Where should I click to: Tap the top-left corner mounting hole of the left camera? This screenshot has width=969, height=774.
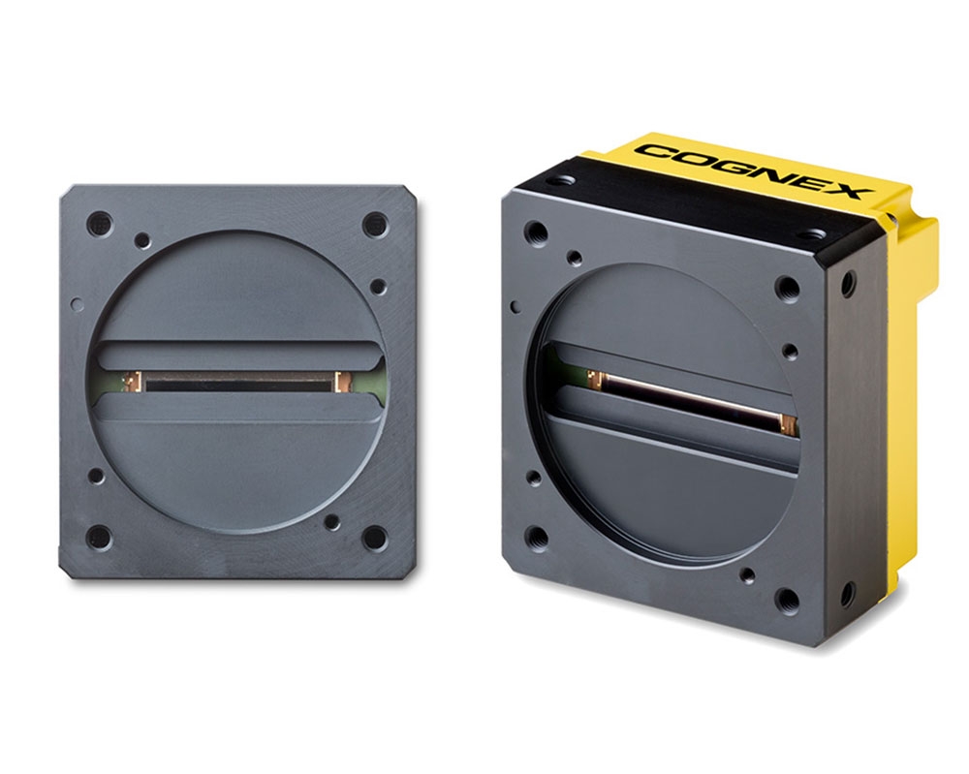coord(100,223)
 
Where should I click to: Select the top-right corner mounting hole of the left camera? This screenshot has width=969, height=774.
coord(375,224)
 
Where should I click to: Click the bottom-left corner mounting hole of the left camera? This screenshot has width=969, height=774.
coord(99,538)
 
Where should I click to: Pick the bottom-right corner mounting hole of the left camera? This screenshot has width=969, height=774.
coord(374,539)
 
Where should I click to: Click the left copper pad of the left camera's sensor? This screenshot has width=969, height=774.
coord(131,382)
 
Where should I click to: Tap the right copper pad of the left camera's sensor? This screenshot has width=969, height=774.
coord(341,382)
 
